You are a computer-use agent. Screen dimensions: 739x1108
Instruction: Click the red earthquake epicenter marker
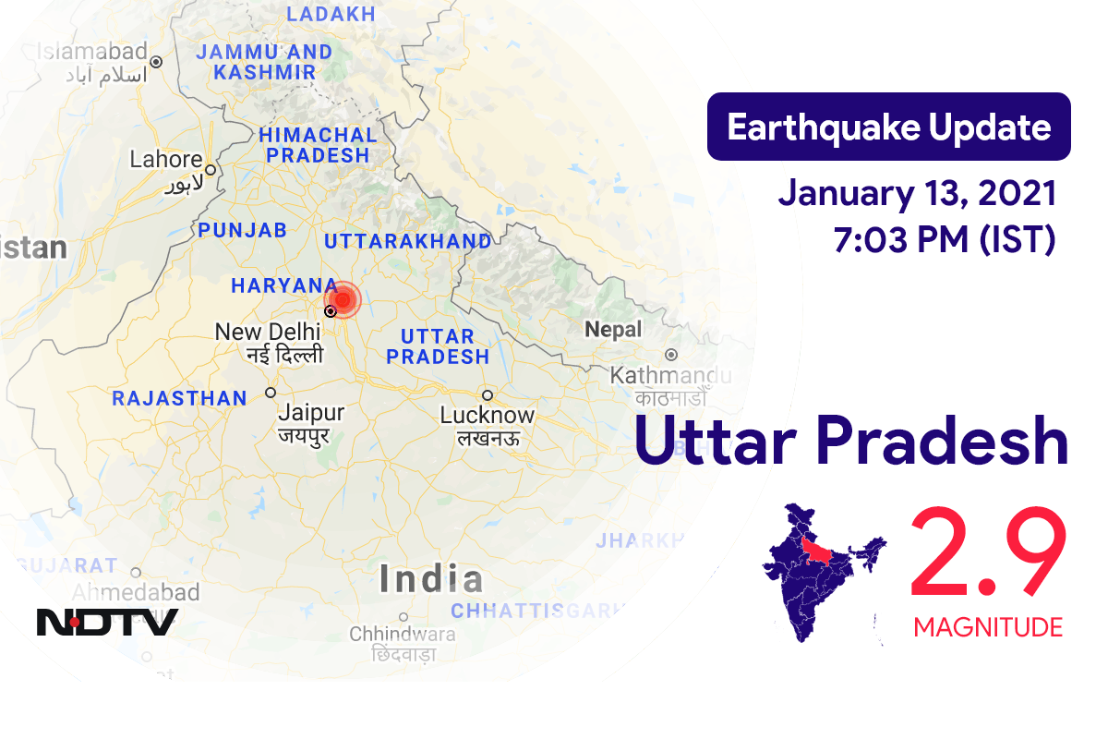click(343, 299)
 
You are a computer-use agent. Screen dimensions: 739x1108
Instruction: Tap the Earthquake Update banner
click(888, 127)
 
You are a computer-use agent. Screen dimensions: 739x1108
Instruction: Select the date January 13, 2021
click(917, 194)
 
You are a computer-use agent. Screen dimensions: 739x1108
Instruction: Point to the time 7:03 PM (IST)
click(945, 239)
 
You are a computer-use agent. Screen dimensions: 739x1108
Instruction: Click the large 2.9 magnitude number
click(988, 556)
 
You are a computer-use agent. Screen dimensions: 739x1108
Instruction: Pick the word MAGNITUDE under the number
click(988, 628)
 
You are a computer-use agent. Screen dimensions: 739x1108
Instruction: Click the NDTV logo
click(107, 621)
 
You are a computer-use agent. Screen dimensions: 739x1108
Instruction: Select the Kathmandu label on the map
click(670, 376)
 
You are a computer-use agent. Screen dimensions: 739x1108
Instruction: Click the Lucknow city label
click(488, 415)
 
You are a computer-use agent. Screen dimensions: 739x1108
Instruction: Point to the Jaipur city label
click(310, 412)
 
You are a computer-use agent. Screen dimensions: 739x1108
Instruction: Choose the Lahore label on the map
click(166, 159)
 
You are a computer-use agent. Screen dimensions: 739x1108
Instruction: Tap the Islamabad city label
click(92, 51)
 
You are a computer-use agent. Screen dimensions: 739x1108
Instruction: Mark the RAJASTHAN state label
click(179, 399)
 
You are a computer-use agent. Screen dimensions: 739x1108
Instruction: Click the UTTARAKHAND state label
click(407, 241)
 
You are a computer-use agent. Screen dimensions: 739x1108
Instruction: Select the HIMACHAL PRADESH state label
click(318, 145)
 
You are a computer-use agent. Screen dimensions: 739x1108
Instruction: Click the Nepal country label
click(612, 330)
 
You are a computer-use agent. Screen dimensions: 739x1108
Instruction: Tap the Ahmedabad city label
click(136, 591)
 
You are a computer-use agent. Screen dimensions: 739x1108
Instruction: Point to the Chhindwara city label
click(402, 635)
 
